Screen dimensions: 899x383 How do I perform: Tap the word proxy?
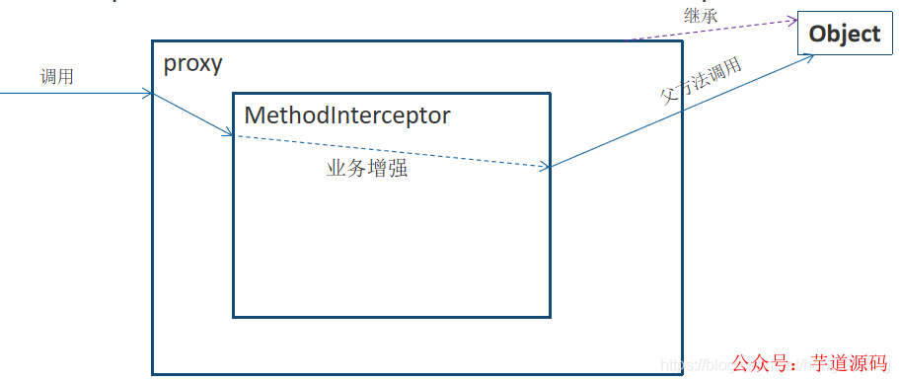193,65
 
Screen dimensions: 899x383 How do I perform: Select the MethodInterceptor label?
346,115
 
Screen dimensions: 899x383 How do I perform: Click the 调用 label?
57,77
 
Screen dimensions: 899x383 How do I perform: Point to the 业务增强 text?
367,169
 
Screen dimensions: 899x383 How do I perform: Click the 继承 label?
700,16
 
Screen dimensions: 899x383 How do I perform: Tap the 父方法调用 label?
701,81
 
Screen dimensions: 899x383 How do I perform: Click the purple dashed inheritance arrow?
711,30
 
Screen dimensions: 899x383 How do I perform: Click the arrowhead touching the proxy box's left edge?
148,94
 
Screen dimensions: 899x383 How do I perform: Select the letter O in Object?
817,34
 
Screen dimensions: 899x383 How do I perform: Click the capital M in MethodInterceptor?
254,115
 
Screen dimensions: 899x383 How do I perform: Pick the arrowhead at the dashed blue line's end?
544,167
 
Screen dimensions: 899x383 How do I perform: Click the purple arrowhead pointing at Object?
791,20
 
